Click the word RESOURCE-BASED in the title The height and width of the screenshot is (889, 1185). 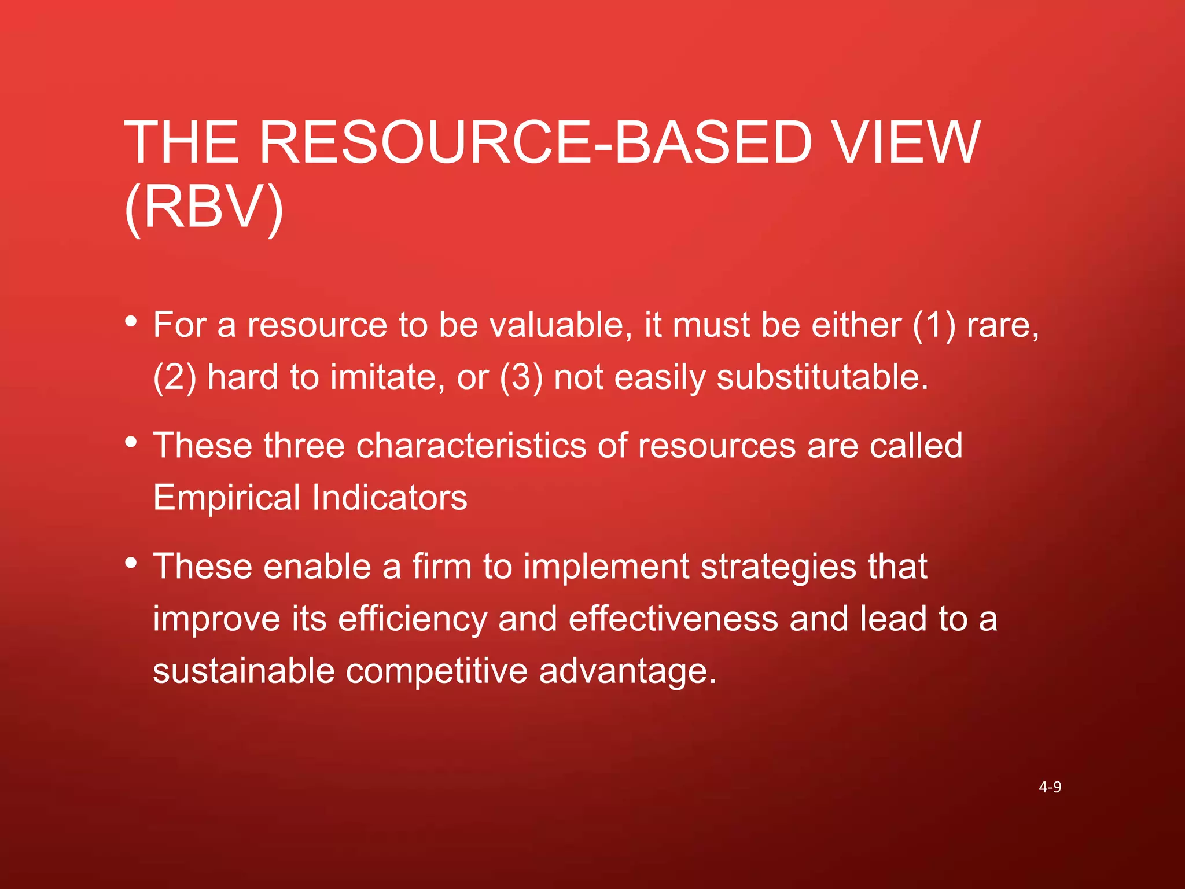[x=532, y=142]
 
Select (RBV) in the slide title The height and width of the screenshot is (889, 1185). [x=204, y=208]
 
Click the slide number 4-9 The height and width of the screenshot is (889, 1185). [x=1050, y=787]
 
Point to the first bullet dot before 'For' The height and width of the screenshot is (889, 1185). [x=131, y=321]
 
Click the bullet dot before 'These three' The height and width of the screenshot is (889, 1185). [x=131, y=442]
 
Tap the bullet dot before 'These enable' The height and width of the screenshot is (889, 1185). [x=131, y=563]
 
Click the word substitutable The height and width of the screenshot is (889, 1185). [x=822, y=377]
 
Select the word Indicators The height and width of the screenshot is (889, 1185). [x=389, y=498]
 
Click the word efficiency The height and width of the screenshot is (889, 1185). [x=413, y=619]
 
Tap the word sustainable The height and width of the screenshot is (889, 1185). [x=244, y=671]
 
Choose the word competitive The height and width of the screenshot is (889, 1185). [x=437, y=671]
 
